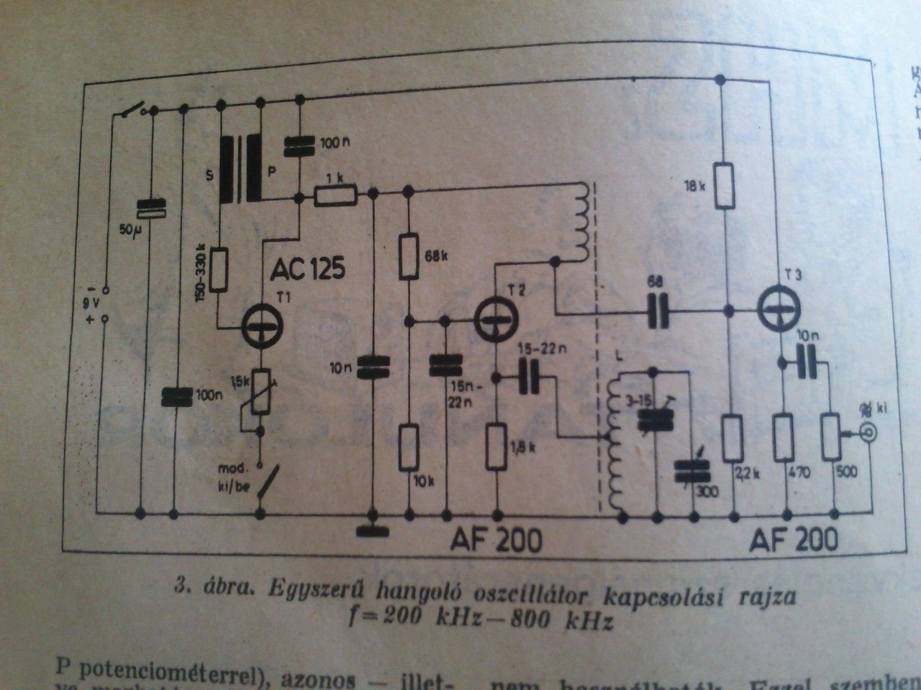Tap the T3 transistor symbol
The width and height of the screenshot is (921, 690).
[781, 306]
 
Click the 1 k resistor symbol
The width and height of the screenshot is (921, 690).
[335, 193]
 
